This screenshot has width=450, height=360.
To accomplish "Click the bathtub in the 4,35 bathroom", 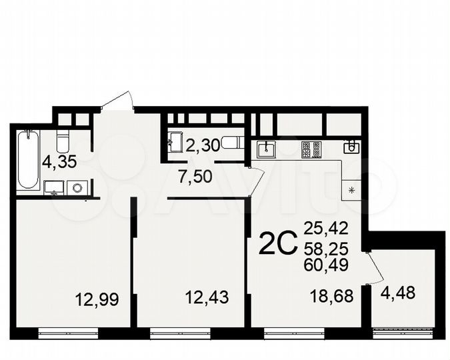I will (x=28, y=159).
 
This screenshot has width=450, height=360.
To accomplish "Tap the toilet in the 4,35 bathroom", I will (x=63, y=142).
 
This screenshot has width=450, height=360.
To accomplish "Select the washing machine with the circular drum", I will (x=79, y=187).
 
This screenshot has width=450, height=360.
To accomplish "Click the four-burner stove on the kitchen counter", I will (x=311, y=150).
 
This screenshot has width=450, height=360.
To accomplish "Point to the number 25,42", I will (x=326, y=229).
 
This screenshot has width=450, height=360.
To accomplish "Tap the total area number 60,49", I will (x=326, y=265).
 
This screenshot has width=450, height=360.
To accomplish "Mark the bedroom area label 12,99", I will (x=98, y=299).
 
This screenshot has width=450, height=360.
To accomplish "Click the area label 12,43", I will (x=207, y=297).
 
